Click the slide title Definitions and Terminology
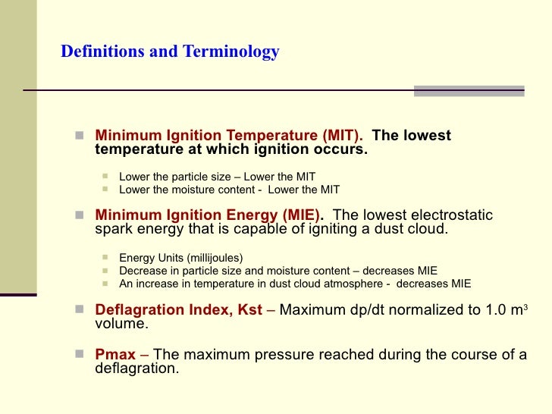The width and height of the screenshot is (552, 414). [170, 52]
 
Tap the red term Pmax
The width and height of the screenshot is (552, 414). [113, 354]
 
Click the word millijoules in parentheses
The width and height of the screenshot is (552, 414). [211, 257]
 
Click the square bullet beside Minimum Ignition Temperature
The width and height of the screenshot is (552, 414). [80, 136]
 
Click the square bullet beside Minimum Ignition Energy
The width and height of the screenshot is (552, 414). [80, 216]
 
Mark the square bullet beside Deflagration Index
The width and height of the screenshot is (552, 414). [80, 310]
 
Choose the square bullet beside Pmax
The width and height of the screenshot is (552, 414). [80, 354]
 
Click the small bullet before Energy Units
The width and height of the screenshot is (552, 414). [105, 257]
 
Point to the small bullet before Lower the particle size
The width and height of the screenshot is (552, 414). [105, 177]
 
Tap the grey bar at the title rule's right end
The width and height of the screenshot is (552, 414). [469, 91]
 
